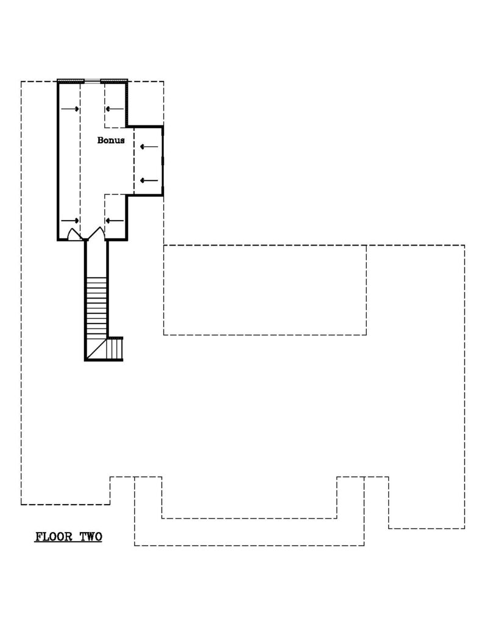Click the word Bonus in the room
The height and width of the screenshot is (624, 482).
[x=111, y=140]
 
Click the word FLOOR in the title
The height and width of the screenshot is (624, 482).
[x=54, y=536]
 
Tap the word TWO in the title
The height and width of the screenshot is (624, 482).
[x=91, y=536]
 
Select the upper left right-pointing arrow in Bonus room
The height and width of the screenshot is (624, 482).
[x=70, y=109]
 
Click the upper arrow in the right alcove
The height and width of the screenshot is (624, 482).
[x=149, y=147]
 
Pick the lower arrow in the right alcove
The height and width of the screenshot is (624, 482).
[x=149, y=180]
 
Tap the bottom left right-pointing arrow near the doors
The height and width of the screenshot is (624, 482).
[x=70, y=221]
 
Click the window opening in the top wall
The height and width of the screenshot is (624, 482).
[x=93, y=81]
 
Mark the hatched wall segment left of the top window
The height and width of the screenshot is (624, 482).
[x=71, y=81]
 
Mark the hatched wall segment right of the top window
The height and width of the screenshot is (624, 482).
[x=114, y=81]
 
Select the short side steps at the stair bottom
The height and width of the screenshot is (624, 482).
[x=115, y=348]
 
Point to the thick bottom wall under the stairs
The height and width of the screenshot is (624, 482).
[x=104, y=360]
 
